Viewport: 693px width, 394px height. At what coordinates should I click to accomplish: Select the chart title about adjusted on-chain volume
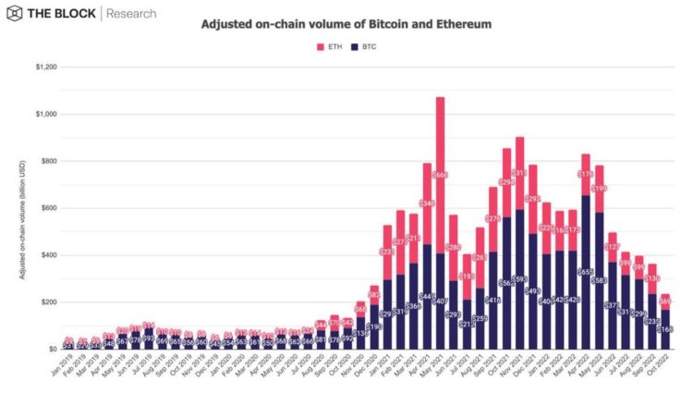click(346, 23)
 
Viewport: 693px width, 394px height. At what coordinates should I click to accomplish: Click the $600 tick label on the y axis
click(43, 208)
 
